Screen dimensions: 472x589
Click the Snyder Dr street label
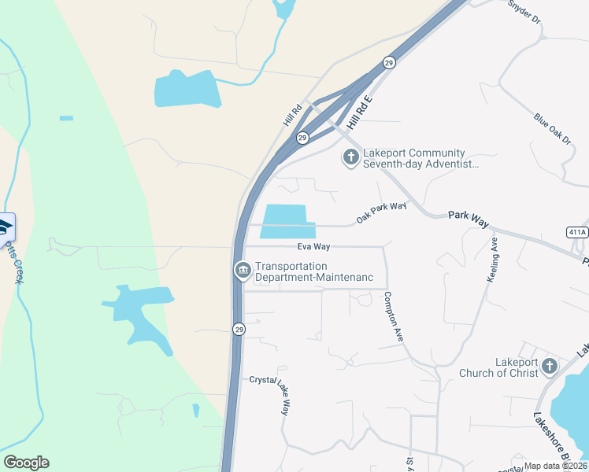pos(524,10)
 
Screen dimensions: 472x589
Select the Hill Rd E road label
pos(358,109)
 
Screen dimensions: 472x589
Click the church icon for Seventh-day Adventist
pos(350,158)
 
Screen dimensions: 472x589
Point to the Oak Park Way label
pos(381,212)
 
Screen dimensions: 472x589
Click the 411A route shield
pos(576,232)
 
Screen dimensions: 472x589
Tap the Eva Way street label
pos(313,247)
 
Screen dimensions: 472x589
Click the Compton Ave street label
pos(393,316)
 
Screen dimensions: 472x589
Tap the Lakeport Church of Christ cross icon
pos(549,367)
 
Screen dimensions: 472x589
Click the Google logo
pos(26,463)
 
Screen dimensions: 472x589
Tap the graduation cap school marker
pos(5,227)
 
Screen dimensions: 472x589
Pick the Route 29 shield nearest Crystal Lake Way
pos(238,329)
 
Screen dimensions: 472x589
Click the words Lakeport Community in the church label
pos(414,153)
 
